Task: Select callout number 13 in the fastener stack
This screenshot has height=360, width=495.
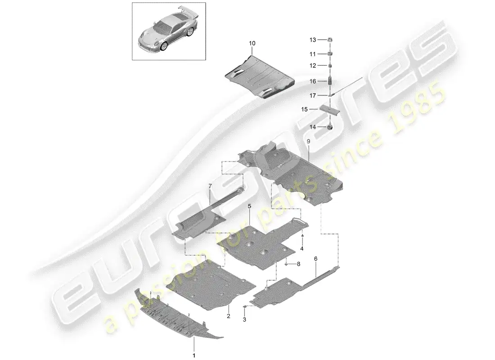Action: [312, 40]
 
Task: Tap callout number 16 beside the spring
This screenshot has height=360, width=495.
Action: [312, 81]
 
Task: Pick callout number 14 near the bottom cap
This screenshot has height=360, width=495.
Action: [312, 127]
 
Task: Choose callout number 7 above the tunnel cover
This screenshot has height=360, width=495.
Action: [210, 186]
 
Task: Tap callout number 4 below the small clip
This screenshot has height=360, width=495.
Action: [302, 248]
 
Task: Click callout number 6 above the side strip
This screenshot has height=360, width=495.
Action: [315, 259]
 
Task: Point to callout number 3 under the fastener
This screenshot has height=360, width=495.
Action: [244, 320]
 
